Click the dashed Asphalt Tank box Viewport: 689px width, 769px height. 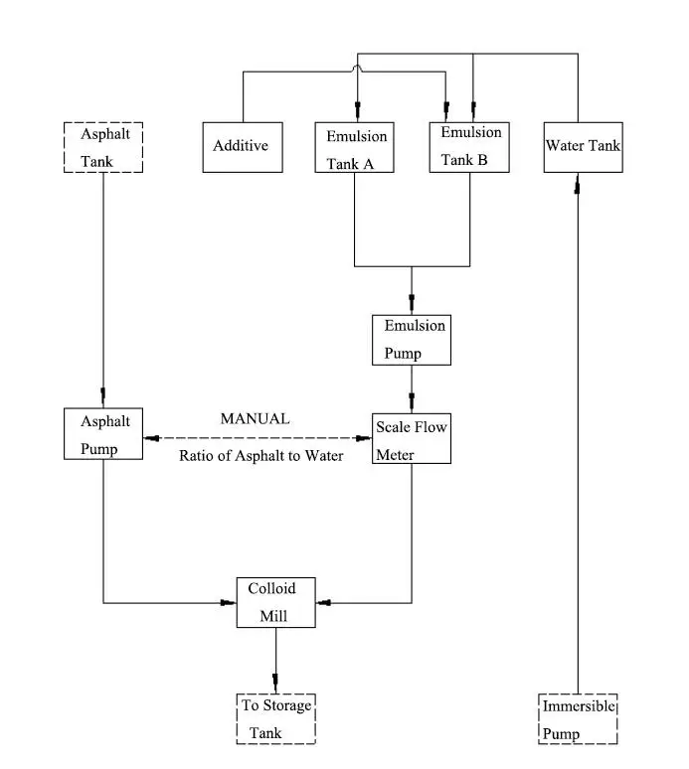[103, 146]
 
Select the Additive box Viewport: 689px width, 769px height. [242, 146]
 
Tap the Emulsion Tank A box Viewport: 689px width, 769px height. [356, 147]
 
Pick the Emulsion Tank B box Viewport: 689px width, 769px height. [470, 146]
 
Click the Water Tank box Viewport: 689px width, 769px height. [583, 146]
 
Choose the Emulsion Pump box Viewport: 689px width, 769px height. [411, 339]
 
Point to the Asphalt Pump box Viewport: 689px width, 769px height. [103, 433]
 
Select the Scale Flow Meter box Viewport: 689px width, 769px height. [412, 437]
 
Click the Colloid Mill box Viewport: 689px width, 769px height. [275, 601]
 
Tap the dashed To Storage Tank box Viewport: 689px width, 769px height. [276, 717]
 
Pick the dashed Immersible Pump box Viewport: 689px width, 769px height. [579, 718]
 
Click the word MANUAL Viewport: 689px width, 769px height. [255, 419]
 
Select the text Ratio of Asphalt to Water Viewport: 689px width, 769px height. [261, 457]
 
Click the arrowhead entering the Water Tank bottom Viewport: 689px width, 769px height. [578, 186]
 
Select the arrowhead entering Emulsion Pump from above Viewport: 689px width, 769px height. [412, 303]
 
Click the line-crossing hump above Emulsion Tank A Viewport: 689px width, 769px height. [356, 69]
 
